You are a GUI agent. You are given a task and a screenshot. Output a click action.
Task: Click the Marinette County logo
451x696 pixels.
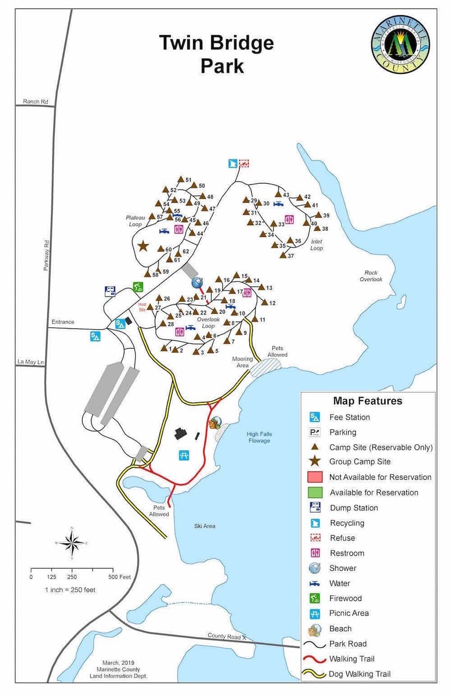pos(400,42)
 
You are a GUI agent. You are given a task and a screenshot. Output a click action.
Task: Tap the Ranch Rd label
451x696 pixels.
pos(35,101)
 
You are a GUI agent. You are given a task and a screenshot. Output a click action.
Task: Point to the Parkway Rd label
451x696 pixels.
pos(47,256)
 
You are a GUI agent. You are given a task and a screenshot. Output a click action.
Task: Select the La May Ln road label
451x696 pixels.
pos(29,361)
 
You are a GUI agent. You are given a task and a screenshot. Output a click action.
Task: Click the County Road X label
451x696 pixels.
pos(227,636)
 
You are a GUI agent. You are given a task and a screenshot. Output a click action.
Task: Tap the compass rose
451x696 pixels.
pos(71,543)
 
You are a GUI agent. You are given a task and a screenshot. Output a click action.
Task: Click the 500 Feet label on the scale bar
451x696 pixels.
pos(119,577)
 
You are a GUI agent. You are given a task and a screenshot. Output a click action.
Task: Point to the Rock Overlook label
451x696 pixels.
pos(371,276)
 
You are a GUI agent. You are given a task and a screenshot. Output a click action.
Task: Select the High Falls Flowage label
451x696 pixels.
pos(259,438)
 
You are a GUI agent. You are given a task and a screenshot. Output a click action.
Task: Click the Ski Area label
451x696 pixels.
pos(205,526)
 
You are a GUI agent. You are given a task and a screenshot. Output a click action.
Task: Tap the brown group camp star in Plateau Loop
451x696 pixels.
pos(143,246)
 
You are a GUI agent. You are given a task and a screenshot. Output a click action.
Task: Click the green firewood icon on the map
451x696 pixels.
pos(138,287)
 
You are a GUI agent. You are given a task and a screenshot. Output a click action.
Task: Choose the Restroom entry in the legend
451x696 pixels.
pos(346,553)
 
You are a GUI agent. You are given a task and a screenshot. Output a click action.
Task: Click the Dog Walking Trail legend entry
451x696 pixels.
pos(359,674)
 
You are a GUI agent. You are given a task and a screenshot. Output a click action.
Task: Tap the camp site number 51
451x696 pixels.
pos(188,180)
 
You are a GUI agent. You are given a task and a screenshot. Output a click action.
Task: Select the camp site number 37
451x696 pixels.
pos(291,256)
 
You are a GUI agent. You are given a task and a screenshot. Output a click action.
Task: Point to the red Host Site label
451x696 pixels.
pos(143,306)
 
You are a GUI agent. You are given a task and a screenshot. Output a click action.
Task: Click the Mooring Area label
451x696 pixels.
pos(242,362)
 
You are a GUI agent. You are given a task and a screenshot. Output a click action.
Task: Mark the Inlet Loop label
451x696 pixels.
pos(316,245)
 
